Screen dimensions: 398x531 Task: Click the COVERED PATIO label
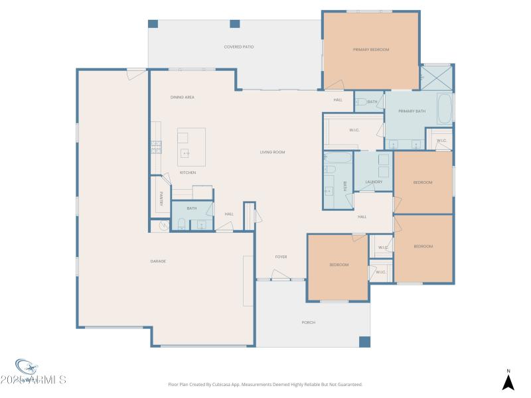(238, 47)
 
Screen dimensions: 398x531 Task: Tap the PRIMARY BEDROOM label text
(370, 50)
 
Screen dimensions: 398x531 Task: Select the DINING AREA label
(182, 98)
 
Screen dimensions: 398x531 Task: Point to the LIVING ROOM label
(272, 153)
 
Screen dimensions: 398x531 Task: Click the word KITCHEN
(188, 173)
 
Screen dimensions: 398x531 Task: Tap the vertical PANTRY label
(161, 198)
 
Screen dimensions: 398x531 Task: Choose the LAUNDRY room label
(374, 182)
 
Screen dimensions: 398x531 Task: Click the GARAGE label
(158, 261)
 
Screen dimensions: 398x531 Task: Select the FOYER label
(281, 257)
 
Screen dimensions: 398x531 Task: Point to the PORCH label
(308, 322)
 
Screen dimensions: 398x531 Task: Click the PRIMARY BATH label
(411, 111)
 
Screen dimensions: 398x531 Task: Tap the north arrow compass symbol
(508, 381)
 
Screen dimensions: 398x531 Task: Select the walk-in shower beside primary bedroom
(437, 76)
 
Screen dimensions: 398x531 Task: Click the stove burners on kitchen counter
(157, 147)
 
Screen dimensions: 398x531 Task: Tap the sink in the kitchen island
(186, 154)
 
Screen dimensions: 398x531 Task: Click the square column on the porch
(364, 342)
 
